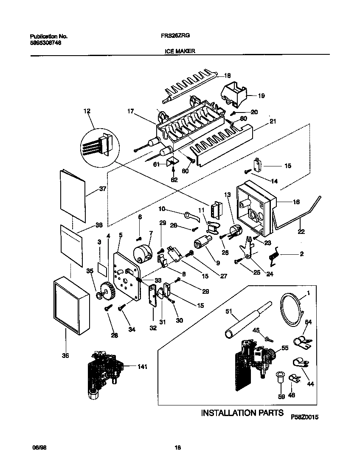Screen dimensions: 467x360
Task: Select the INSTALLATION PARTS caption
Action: (x=242, y=412)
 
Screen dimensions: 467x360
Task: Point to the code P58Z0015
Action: (x=304, y=417)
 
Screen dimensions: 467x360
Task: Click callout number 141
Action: (x=142, y=367)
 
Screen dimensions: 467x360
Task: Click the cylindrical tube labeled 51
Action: (x=246, y=319)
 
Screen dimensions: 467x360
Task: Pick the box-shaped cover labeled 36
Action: (x=71, y=306)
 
